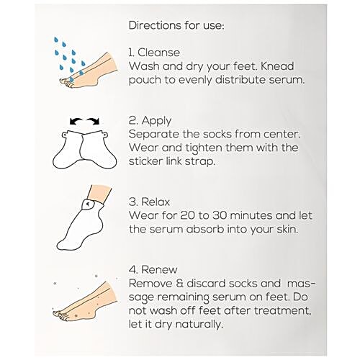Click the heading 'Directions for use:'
pyautogui.click(x=176, y=26)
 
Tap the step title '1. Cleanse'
pyautogui.click(x=154, y=53)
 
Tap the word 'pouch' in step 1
pyautogui.click(x=146, y=80)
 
